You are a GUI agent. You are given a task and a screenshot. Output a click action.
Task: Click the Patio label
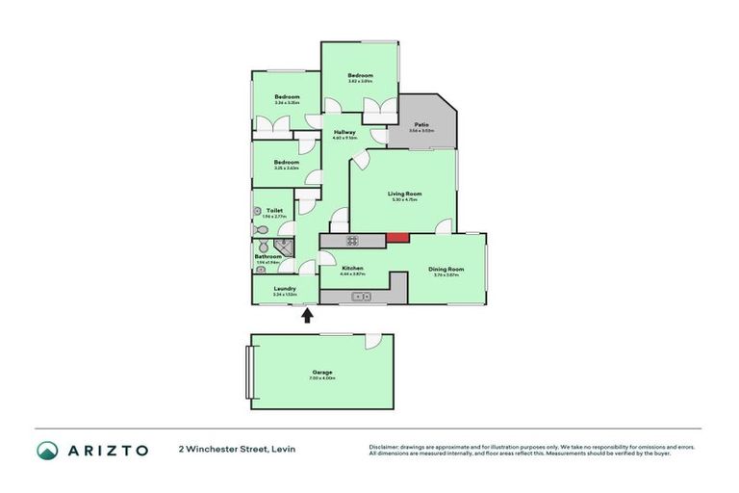[420, 124]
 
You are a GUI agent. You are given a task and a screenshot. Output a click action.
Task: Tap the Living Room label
[405, 194]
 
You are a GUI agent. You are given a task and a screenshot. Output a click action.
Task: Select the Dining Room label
[446, 269]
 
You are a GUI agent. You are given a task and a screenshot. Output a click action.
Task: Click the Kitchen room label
[352, 268]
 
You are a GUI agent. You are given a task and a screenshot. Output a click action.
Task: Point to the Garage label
[322, 372]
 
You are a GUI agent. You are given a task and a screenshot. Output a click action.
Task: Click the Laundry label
[284, 288]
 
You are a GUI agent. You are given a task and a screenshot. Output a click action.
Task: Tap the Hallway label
[344, 132]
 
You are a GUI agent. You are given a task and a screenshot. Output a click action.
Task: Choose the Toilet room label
[274, 210]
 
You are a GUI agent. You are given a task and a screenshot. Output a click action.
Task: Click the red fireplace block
[397, 238]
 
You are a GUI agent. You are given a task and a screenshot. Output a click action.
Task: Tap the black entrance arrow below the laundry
[308, 315]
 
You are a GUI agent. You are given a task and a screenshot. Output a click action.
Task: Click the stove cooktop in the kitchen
[352, 240]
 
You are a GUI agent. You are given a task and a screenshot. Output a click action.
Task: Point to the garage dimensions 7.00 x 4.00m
[322, 378]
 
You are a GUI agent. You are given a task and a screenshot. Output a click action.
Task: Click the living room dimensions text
[405, 200]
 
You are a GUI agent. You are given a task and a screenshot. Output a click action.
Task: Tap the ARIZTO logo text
[107, 450]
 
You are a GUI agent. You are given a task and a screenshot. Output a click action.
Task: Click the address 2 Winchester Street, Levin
[236, 450]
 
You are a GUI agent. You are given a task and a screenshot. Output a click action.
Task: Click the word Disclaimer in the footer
[388, 447]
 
